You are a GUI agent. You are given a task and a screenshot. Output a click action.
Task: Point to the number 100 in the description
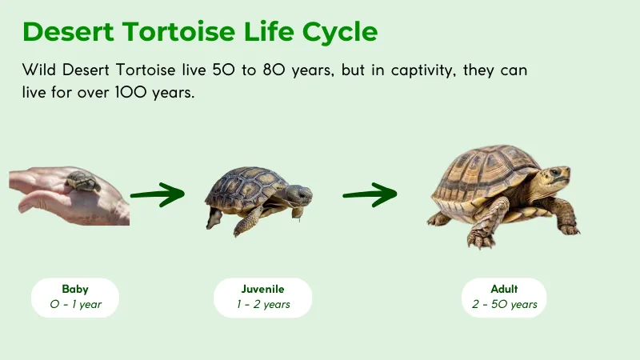point(134,93)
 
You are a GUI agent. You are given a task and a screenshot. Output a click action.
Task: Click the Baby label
point(75,289)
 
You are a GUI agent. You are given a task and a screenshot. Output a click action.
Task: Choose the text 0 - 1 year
point(75,305)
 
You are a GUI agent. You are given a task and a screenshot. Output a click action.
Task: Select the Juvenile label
point(262,289)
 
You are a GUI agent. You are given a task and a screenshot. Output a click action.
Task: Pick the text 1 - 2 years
point(262,305)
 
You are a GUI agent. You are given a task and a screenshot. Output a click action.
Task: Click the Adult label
point(504,289)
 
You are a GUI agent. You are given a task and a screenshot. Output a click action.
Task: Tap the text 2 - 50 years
point(504,305)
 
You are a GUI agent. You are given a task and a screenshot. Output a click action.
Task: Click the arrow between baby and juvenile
point(158,194)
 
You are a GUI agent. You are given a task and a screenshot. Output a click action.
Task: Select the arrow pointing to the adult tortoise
point(370,194)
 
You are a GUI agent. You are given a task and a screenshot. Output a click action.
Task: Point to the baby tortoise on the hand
point(82,181)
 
